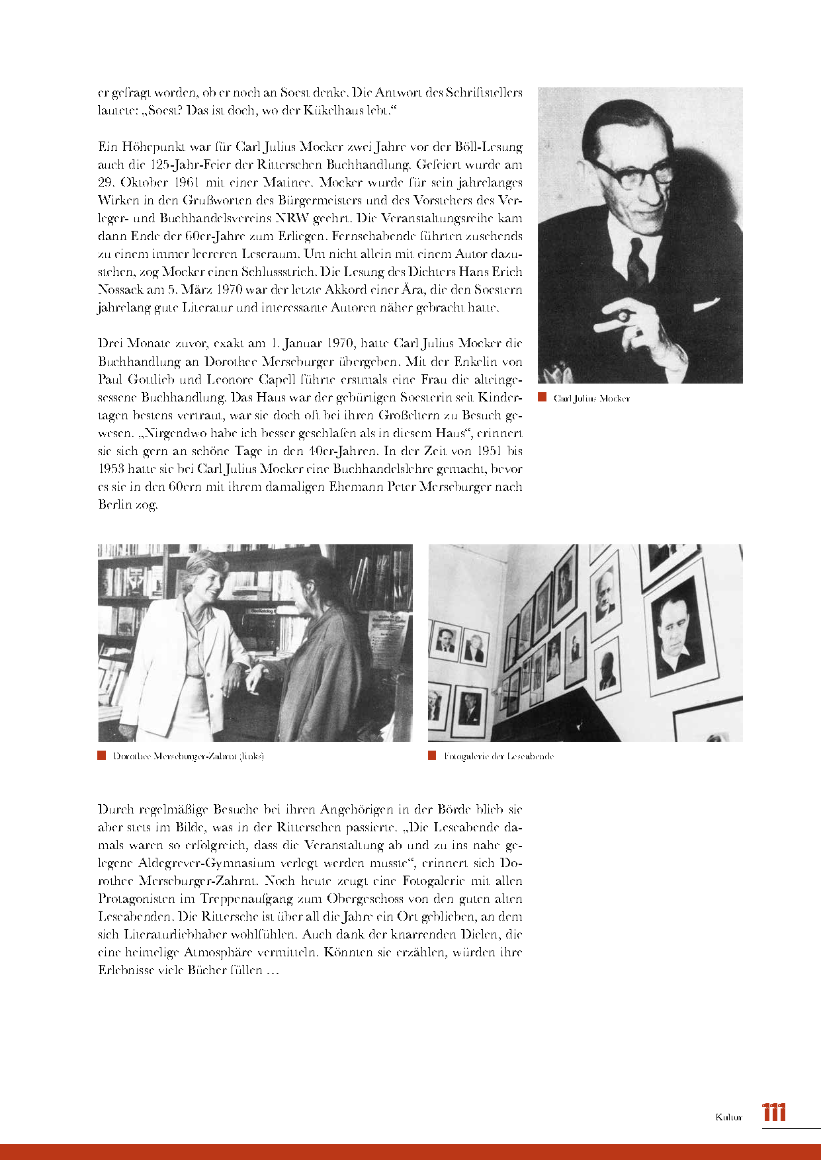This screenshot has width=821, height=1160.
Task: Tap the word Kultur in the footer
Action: pos(728,1117)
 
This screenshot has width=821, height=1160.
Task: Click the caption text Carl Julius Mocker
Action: pos(591,398)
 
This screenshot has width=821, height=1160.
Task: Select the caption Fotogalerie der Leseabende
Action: pos(499,756)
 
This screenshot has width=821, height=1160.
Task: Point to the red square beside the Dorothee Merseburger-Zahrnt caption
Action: pos(102,755)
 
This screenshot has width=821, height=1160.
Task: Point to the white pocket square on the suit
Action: pos(706,304)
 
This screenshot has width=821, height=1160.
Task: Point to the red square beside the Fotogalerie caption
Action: pos(432,755)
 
